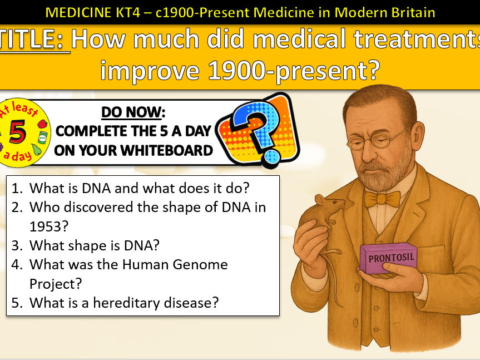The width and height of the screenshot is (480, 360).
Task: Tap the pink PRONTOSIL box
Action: [388, 259]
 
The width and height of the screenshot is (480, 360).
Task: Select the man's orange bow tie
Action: [382, 199]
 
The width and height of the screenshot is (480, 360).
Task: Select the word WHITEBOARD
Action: [167, 150]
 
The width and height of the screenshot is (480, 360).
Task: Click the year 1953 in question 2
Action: [47, 226]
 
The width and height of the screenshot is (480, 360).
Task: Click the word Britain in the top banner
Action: [410, 11]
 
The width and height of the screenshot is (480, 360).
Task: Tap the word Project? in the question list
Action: [56, 283]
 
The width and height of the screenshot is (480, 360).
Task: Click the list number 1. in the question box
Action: [17, 188]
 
